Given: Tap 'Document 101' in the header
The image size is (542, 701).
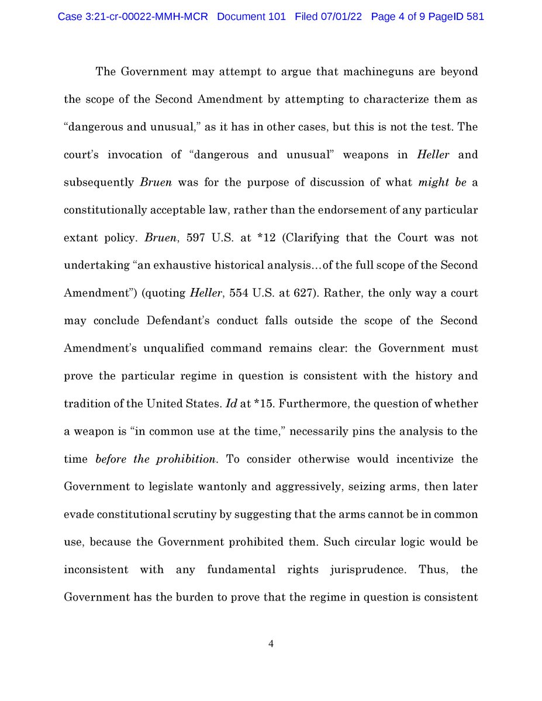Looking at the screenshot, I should [251, 17].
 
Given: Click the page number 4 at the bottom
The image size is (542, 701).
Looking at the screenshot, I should [271, 644].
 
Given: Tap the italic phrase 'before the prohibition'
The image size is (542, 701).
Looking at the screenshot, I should [156, 459].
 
